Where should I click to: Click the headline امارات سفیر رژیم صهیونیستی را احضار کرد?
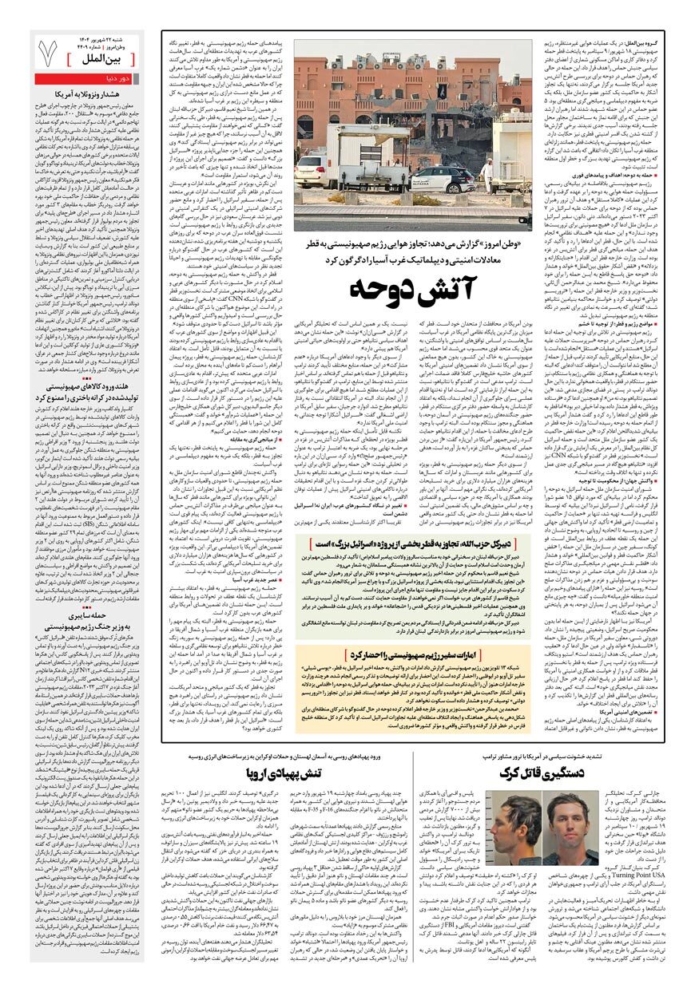(x=403, y=655)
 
